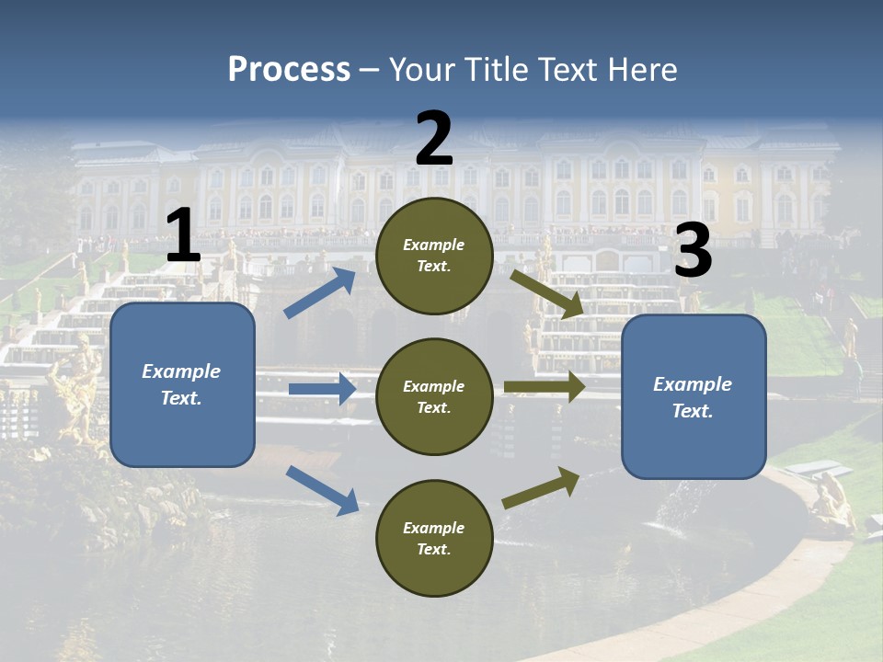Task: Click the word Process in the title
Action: coord(289,70)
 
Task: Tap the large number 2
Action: coord(434,138)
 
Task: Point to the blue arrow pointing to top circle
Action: coord(320,292)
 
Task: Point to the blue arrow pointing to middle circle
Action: coord(322,389)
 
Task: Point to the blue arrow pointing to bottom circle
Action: coord(322,489)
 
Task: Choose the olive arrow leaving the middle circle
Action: coord(545,387)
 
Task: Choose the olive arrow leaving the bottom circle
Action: coord(541,487)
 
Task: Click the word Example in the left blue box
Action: coord(181,371)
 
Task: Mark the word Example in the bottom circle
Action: coord(433,528)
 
